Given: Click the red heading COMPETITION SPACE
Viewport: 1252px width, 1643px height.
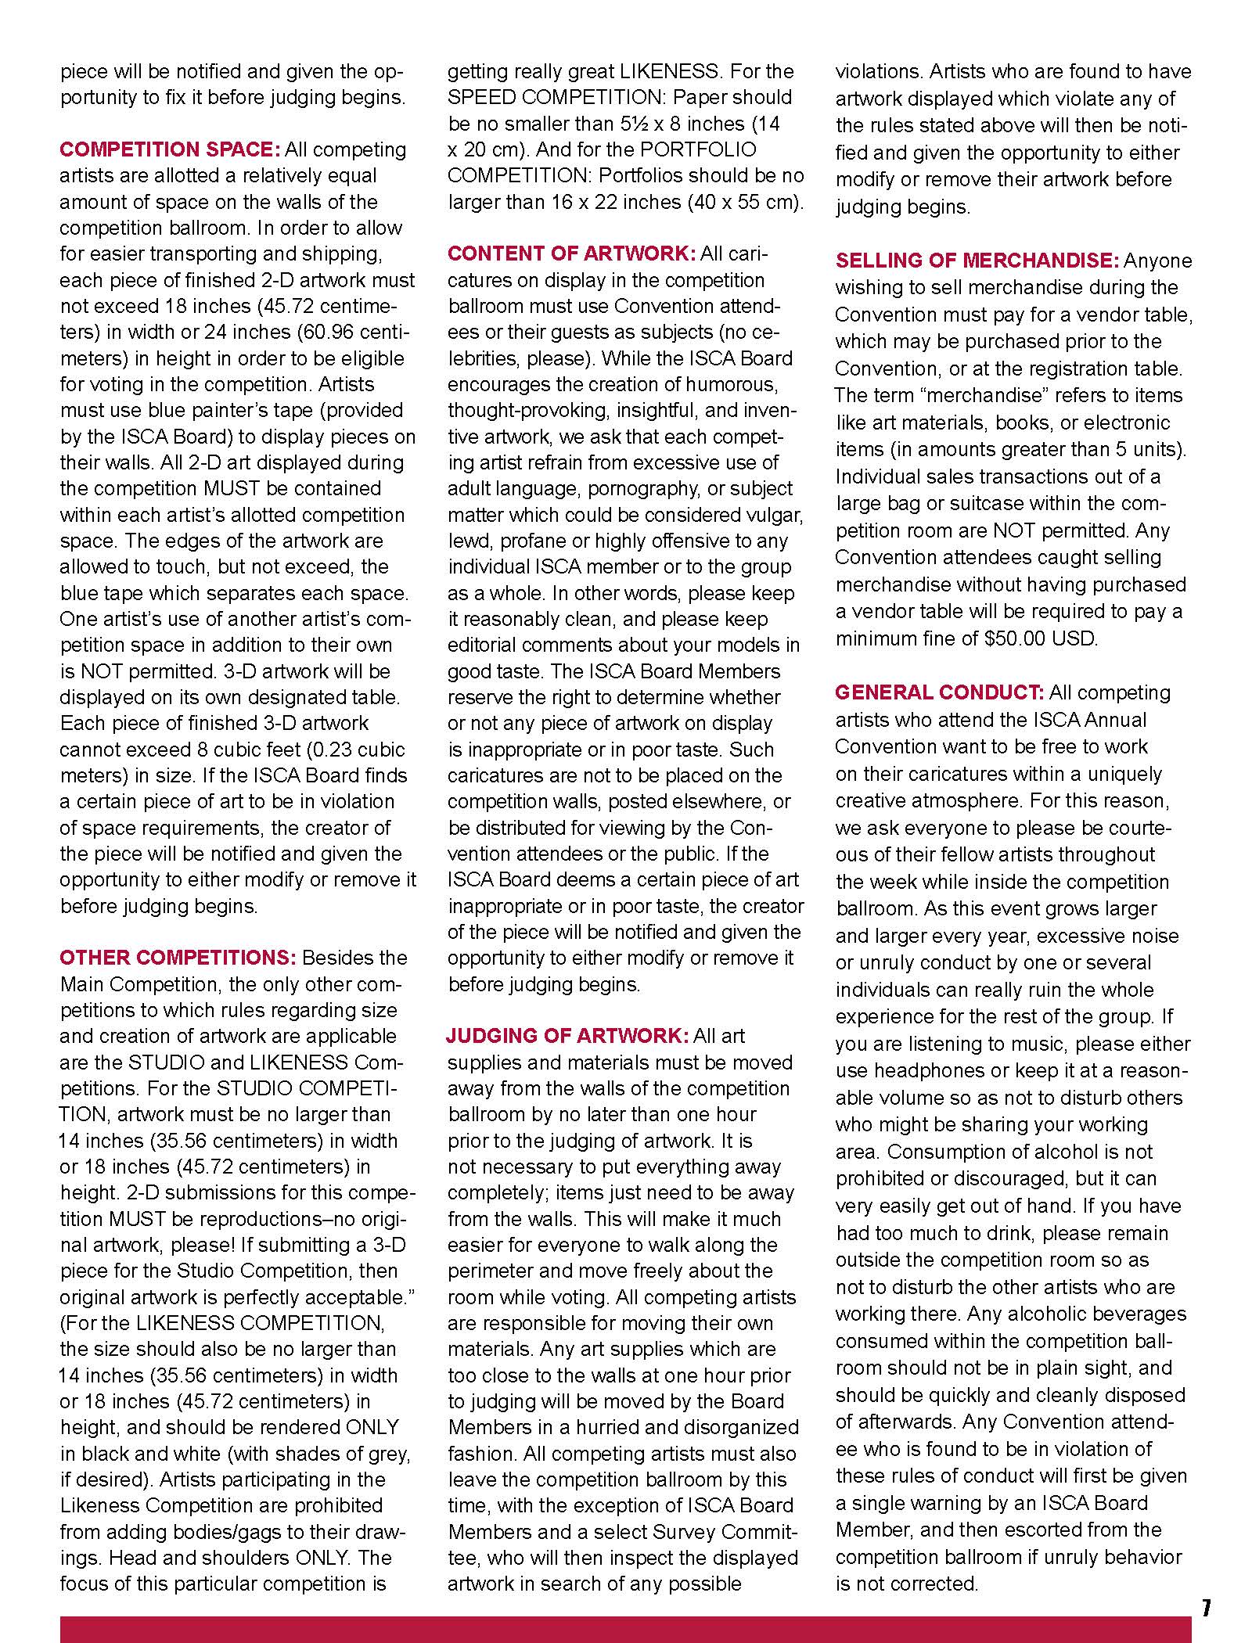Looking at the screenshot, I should [x=170, y=149].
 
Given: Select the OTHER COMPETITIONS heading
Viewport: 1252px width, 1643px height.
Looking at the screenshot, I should [x=178, y=958].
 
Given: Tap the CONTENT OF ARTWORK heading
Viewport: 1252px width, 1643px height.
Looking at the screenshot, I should [x=571, y=253].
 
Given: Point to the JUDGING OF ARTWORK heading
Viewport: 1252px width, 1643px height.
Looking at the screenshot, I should [x=567, y=1036].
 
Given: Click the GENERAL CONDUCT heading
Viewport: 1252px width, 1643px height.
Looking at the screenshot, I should [x=939, y=692].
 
